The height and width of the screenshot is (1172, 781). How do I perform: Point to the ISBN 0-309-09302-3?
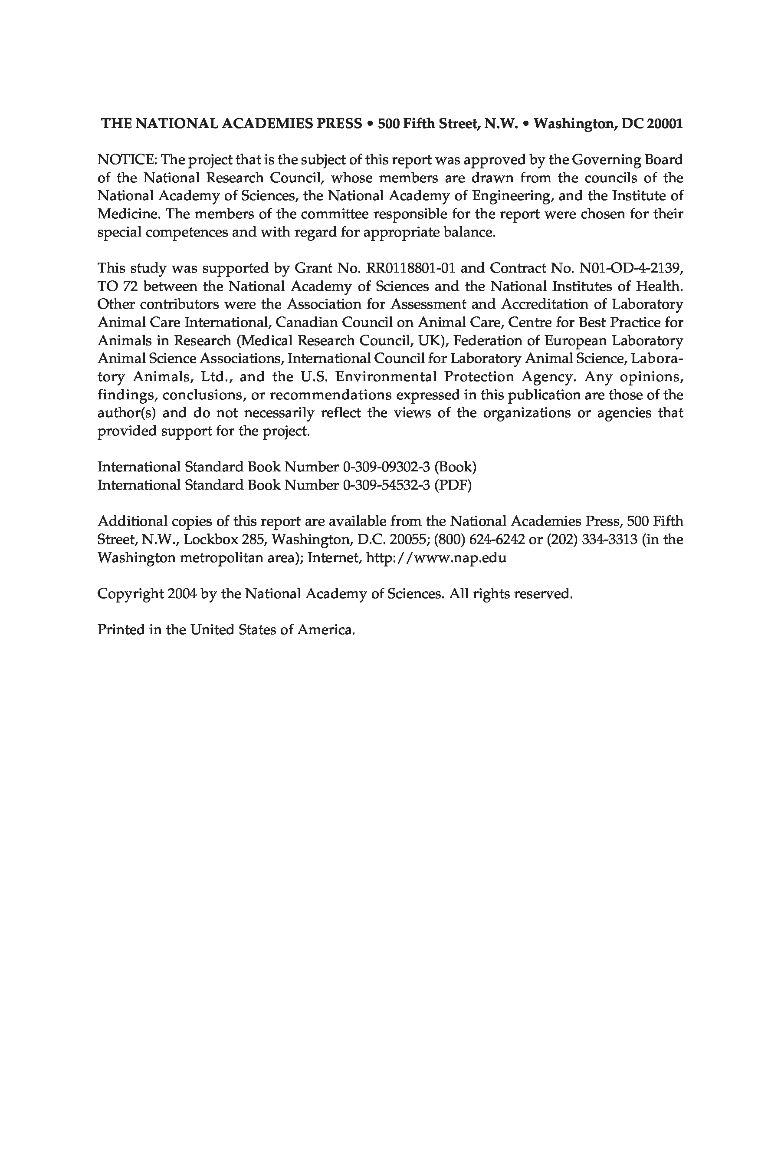pyautogui.click(x=386, y=467)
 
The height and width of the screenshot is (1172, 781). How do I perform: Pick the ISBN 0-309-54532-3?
pyautogui.click(x=386, y=485)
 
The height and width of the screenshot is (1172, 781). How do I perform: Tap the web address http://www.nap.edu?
pyautogui.click(x=436, y=558)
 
